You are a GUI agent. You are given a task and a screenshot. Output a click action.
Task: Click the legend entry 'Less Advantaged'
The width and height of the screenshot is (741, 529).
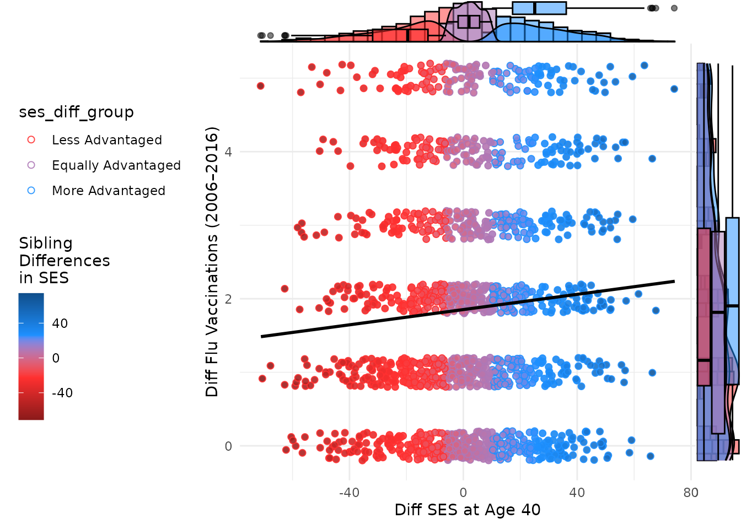[106, 140]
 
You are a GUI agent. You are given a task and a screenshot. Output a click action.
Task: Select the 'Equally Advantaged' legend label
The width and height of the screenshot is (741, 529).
[116, 165]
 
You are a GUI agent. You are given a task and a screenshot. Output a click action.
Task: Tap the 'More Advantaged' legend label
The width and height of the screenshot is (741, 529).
[108, 191]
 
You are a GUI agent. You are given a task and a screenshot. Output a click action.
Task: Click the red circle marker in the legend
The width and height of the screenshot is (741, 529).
[31, 140]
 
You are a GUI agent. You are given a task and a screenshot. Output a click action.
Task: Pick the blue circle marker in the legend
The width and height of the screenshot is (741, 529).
[31, 191]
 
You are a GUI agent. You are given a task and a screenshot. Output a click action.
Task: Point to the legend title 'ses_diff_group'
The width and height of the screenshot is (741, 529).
[76, 112]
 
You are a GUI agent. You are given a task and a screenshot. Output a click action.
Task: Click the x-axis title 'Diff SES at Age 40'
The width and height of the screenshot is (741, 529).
[468, 510]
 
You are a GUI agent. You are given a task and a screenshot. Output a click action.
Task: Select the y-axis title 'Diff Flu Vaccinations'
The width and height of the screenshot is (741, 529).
[212, 262]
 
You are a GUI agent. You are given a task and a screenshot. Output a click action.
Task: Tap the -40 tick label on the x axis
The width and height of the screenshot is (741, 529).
[349, 493]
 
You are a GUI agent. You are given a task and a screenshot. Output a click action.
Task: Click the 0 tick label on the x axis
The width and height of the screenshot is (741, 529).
[463, 493]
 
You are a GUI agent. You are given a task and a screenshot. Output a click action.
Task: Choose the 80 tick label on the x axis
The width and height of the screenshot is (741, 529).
[691, 493]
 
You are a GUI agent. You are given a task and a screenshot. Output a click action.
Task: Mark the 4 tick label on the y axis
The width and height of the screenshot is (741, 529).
[228, 152]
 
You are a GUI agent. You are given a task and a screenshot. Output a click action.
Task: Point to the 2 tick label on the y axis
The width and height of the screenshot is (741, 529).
[228, 299]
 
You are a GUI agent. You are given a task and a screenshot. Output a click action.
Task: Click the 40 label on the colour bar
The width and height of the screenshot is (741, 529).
[60, 323]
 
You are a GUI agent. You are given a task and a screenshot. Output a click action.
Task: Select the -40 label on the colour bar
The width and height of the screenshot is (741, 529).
[62, 393]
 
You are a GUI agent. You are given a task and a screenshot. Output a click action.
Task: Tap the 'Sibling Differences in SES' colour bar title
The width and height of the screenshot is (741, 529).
[64, 260]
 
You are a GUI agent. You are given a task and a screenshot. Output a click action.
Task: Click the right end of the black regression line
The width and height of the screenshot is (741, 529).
[674, 282]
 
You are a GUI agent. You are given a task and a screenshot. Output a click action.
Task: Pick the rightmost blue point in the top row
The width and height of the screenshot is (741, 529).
[674, 89]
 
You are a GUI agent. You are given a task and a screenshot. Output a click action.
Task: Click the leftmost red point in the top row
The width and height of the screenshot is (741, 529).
[261, 86]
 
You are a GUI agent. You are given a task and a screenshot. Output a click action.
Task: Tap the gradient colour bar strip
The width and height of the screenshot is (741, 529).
[31, 357]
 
